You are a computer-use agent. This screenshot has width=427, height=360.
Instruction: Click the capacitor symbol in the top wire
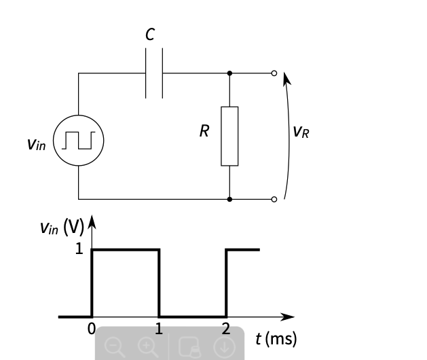[154, 73]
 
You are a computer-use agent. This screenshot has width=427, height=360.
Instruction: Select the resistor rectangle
[229, 136]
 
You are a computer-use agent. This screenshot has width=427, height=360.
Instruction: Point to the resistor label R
[204, 132]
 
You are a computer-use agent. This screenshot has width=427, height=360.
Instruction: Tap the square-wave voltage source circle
[78, 140]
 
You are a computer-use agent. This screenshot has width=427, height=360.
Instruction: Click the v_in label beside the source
[37, 143]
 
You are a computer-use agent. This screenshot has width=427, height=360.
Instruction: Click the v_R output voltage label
[301, 131]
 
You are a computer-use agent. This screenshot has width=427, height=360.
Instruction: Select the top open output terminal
[274, 73]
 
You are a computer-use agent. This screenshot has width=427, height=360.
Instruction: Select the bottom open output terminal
[274, 199]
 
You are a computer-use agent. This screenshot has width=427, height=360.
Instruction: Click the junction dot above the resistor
[229, 73]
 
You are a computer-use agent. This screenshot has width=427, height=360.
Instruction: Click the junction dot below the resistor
[229, 199]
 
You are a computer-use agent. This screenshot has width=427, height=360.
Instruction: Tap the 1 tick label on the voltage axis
[79, 249]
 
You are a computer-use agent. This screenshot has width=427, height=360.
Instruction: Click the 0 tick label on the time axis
[92, 330]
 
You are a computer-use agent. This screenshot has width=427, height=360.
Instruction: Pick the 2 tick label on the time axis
[226, 330]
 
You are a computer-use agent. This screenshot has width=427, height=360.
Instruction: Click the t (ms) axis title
[276, 338]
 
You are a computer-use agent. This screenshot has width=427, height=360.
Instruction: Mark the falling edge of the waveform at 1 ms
[159, 283]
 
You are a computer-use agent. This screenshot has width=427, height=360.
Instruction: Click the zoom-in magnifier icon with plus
[147, 346]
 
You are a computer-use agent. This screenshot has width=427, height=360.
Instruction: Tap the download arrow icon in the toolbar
[223, 346]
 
